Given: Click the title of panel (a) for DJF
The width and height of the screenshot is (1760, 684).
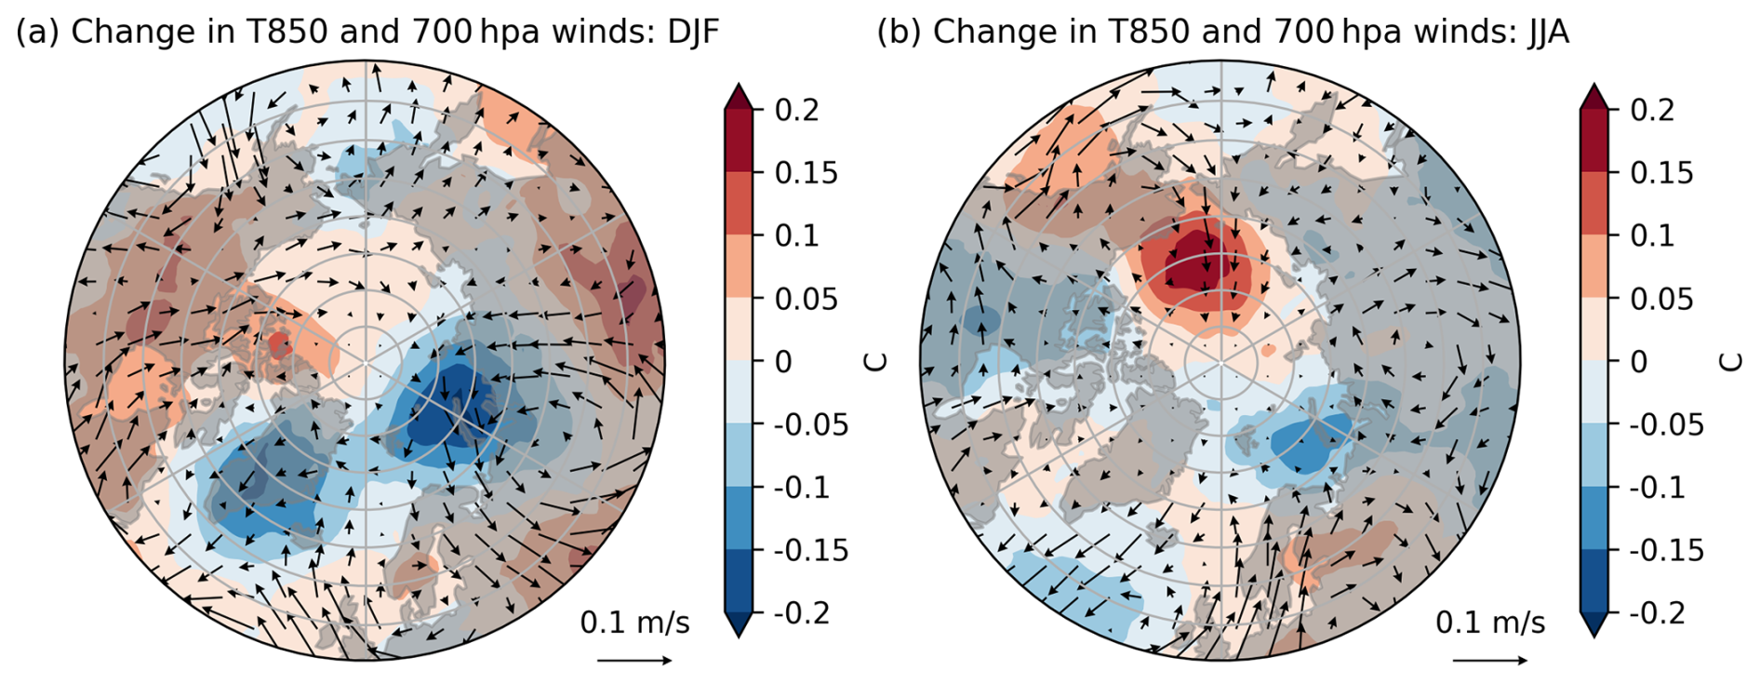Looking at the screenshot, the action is point(367,33).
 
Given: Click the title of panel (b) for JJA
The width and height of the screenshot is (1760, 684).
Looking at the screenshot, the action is point(1222,33).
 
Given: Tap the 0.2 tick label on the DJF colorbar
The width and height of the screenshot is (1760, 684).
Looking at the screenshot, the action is point(797,110).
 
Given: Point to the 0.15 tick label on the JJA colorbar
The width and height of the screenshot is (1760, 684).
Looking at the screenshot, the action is point(1661,172).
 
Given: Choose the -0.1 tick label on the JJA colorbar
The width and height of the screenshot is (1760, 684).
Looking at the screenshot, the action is point(1658,487).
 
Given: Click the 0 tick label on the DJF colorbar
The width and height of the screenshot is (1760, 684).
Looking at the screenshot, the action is point(783,361).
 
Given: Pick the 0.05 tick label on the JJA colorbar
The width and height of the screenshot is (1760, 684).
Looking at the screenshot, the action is point(1661,299).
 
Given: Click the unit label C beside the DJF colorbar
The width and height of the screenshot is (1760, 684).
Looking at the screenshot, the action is point(876,362).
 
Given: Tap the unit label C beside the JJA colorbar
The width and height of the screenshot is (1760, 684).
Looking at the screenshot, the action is point(1732,362).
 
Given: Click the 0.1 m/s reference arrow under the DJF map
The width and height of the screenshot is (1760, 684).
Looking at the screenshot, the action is point(634,661).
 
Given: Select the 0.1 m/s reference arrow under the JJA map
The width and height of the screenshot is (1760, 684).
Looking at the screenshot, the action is point(1490,661).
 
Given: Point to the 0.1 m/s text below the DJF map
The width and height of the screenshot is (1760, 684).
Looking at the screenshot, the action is point(635,623).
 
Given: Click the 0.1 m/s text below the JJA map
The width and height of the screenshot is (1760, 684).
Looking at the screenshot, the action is point(1491,623).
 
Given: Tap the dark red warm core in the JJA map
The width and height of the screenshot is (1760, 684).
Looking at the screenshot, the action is point(1207,261).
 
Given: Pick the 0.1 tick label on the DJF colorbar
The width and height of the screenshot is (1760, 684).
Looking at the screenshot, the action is point(797,235).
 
